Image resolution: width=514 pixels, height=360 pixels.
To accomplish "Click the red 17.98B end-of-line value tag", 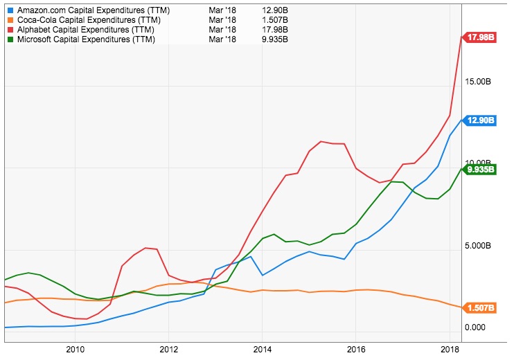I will (481, 37).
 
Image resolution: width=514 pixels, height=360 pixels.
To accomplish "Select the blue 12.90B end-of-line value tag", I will (481, 120).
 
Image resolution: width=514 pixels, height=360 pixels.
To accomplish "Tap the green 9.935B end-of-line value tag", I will (481, 168).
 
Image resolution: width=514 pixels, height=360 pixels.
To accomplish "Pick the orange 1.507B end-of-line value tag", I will (481, 307).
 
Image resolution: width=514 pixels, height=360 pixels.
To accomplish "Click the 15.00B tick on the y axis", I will (479, 82).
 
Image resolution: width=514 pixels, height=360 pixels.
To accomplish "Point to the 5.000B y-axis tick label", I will (479, 246).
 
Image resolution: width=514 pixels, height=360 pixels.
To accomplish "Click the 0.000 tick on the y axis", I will (476, 327).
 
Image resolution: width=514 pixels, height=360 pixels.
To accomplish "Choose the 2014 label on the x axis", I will (262, 350).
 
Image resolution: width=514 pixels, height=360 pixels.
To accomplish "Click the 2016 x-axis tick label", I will (355, 350).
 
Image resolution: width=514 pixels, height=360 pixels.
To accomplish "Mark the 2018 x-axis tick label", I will (450, 350).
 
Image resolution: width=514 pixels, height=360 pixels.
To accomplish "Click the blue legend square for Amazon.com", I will (10, 11).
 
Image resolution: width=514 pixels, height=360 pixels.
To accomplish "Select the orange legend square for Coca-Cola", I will (10, 21).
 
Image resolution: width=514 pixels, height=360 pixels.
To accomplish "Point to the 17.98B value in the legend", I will (276, 30).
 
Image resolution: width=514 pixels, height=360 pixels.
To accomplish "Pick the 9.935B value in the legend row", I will (276, 39).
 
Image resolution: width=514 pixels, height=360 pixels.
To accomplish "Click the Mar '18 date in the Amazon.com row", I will (223, 11).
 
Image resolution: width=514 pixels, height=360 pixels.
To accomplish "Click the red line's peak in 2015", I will (321, 141).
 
